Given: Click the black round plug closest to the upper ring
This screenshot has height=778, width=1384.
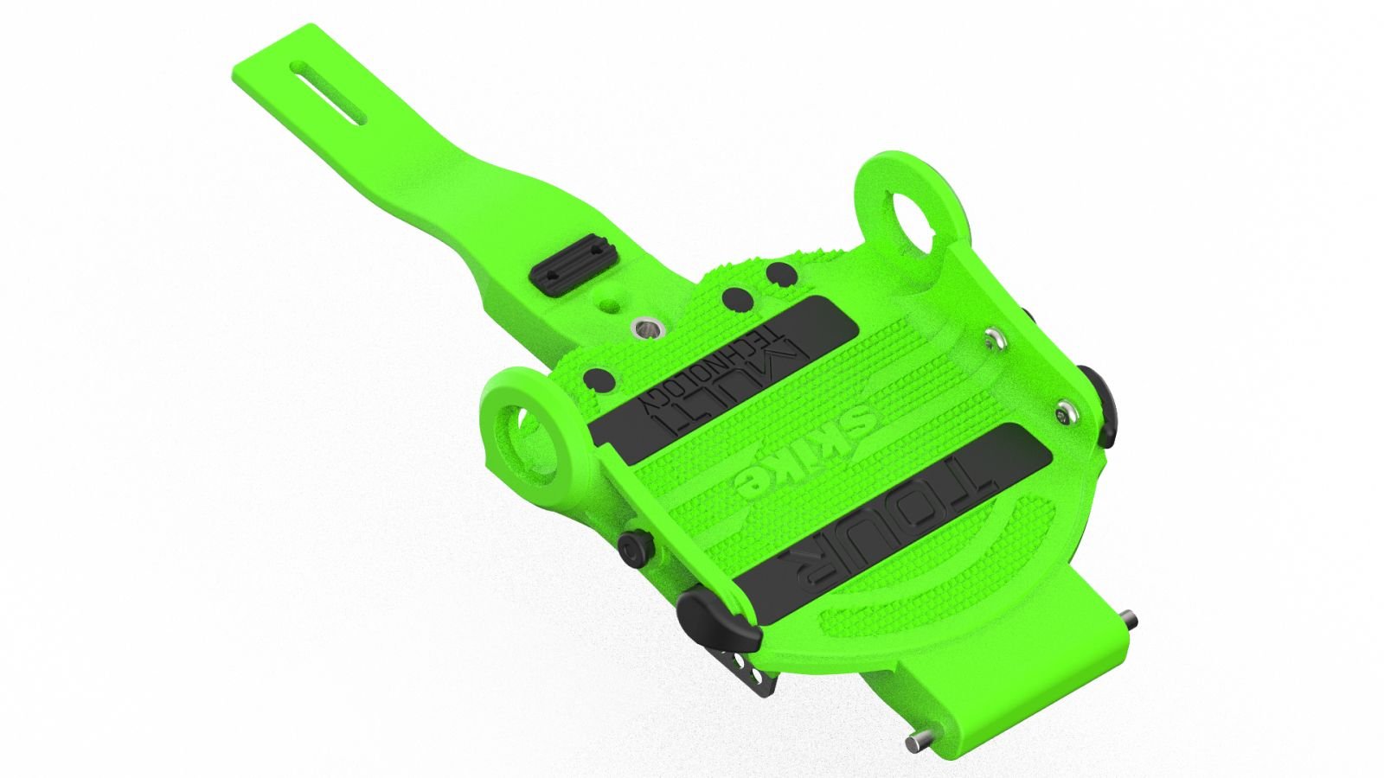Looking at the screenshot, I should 782,275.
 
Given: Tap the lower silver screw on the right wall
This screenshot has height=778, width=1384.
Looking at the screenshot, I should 1067,413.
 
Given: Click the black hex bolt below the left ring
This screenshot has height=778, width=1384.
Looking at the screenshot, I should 632,546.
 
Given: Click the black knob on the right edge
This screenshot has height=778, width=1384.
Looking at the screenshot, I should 1099,393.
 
